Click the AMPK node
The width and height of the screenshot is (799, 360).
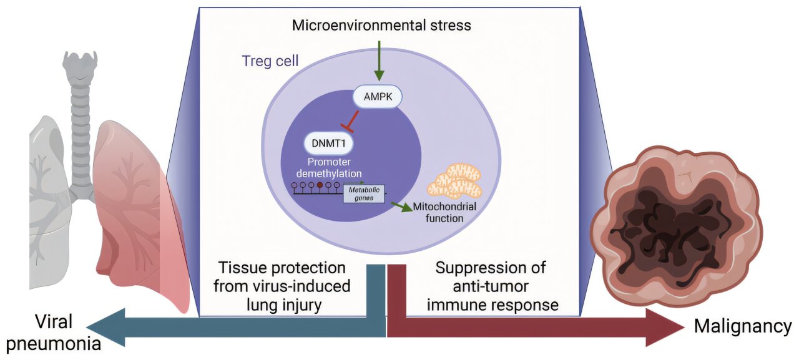[378, 96]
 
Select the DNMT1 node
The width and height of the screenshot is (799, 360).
[328, 144]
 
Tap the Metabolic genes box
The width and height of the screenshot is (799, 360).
[364, 194]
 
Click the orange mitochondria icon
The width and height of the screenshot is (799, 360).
[455, 182]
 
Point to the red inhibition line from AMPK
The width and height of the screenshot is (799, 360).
[351, 122]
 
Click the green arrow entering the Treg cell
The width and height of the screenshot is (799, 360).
[379, 61]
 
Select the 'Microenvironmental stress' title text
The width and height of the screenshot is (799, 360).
[381, 26]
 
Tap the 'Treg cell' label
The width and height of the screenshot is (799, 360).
[270, 61]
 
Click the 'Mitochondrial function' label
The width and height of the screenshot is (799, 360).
[444, 212]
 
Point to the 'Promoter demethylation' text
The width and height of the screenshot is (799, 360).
[329, 168]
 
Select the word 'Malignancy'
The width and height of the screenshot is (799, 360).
[743, 326]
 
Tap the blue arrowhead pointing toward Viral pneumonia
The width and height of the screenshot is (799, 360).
[106, 327]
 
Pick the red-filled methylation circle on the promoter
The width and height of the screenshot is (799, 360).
[320, 185]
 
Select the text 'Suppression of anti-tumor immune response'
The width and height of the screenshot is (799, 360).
[491, 286]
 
